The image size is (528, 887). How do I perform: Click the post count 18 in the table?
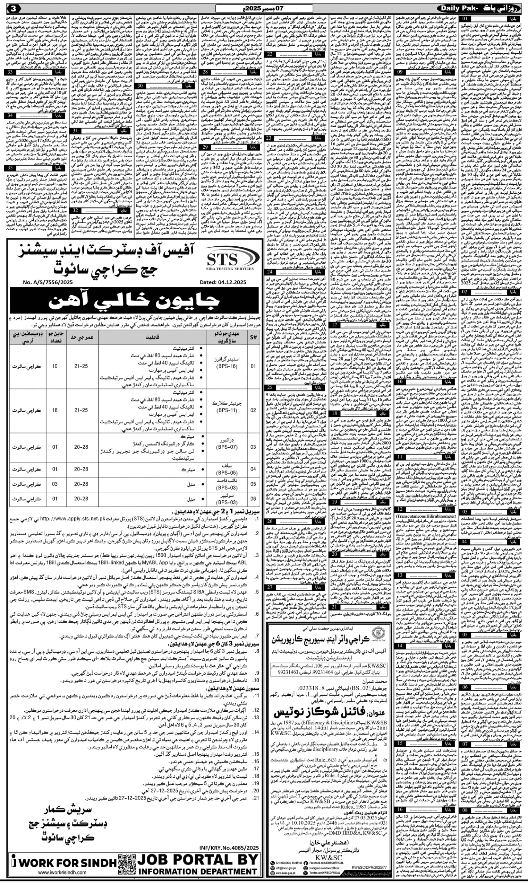[55, 410]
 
